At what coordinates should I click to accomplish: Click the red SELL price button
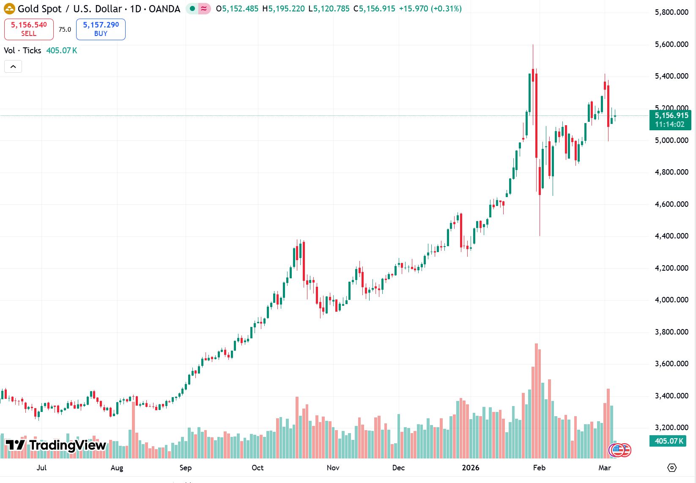click(x=29, y=29)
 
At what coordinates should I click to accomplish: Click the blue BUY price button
click(x=101, y=29)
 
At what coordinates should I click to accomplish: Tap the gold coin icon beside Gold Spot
click(x=9, y=8)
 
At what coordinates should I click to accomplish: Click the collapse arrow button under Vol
click(x=13, y=66)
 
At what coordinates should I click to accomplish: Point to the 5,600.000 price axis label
click(x=671, y=44)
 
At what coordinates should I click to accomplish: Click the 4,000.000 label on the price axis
click(x=671, y=300)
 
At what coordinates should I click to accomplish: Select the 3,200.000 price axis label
click(x=671, y=428)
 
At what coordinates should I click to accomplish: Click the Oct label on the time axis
click(x=258, y=468)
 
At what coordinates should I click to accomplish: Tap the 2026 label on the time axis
click(x=470, y=468)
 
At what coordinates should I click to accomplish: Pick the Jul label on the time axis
click(x=41, y=468)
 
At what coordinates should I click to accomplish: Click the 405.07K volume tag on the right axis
click(x=669, y=441)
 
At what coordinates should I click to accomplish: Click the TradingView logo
click(x=55, y=445)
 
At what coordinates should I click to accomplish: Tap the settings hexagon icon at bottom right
click(x=672, y=468)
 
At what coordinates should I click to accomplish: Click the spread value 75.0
click(x=65, y=29)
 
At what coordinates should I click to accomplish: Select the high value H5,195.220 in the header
click(x=283, y=8)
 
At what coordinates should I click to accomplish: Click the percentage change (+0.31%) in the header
click(x=446, y=8)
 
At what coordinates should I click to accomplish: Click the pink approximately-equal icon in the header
click(x=204, y=8)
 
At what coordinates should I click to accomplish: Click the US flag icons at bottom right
click(x=620, y=450)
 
